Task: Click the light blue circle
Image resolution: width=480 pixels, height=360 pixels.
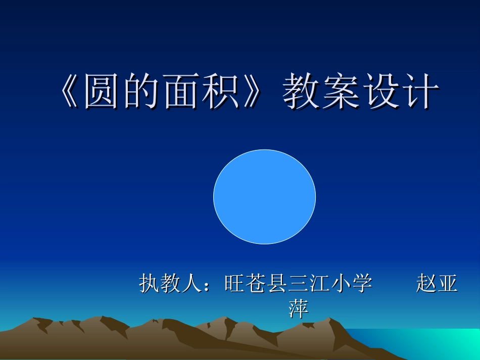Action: (264, 196)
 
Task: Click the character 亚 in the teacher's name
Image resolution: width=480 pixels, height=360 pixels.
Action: (448, 284)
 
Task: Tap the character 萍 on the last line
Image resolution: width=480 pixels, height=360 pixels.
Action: (298, 308)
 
